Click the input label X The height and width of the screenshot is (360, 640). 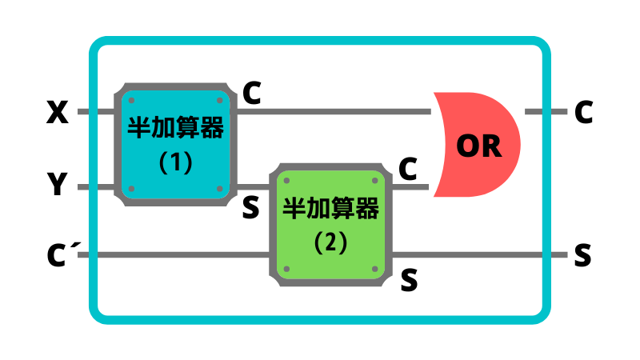(x=58, y=113)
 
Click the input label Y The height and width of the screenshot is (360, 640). (x=58, y=186)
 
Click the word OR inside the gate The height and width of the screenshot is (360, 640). (x=478, y=146)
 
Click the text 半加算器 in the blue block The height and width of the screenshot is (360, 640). (x=176, y=129)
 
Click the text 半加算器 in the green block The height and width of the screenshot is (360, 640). (x=330, y=210)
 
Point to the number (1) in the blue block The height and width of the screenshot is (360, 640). (x=176, y=162)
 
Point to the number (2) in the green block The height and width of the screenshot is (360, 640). (x=330, y=243)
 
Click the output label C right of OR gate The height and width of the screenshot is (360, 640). (x=583, y=113)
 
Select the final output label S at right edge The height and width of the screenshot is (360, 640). (x=582, y=256)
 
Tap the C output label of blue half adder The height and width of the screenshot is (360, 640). (x=251, y=94)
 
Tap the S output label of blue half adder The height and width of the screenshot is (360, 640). (x=250, y=208)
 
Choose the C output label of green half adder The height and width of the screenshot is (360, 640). (x=408, y=169)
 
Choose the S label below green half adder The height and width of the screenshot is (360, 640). (x=409, y=279)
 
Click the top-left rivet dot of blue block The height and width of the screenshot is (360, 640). (x=130, y=100)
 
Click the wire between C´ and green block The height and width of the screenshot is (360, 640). (x=176, y=256)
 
